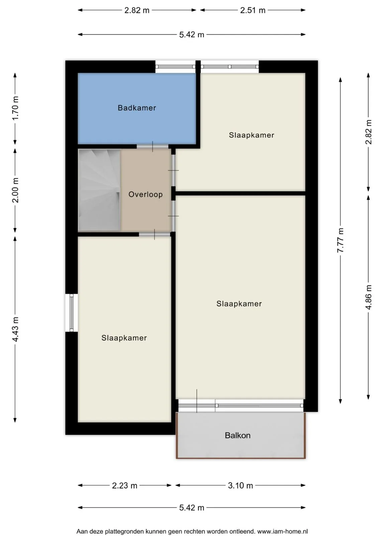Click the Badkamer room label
(137, 108)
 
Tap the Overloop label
(146, 194)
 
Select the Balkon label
(237, 436)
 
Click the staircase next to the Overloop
(99, 190)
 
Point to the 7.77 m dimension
(341, 240)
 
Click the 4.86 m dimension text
(368, 297)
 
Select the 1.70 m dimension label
(15, 108)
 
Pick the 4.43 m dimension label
(15, 329)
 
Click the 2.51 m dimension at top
(253, 10)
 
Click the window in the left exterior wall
(72, 312)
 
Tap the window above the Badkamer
(175, 67)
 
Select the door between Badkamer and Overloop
(153, 147)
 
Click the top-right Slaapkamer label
(252, 135)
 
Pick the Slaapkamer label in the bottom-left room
(124, 338)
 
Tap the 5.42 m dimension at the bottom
(192, 508)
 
